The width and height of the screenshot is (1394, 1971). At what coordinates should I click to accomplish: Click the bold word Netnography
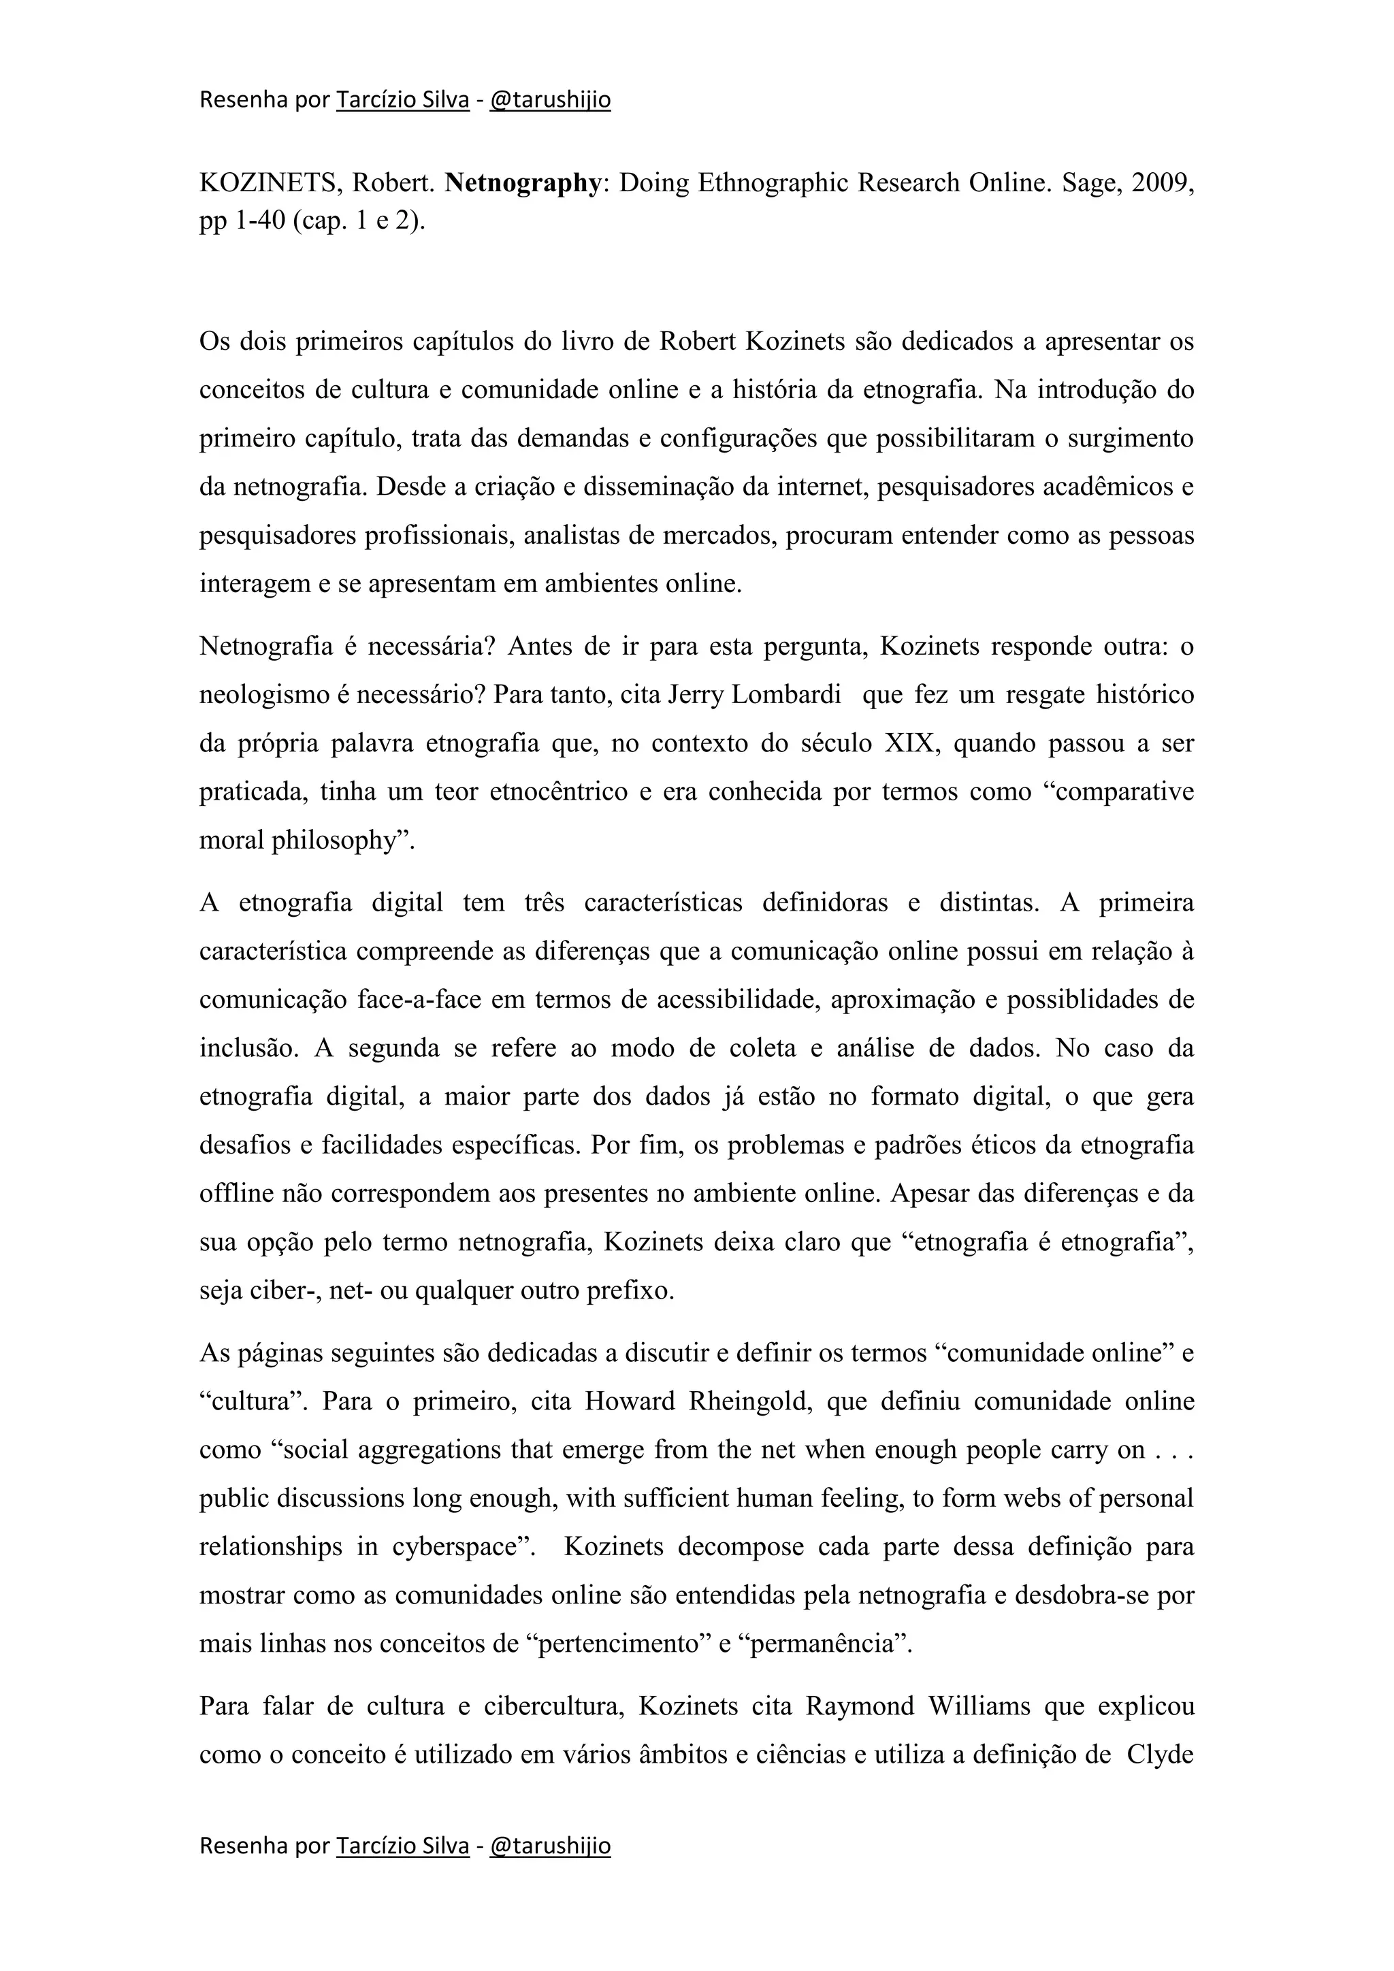523,184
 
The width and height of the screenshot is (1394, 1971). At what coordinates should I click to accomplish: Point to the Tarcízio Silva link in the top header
402,101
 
